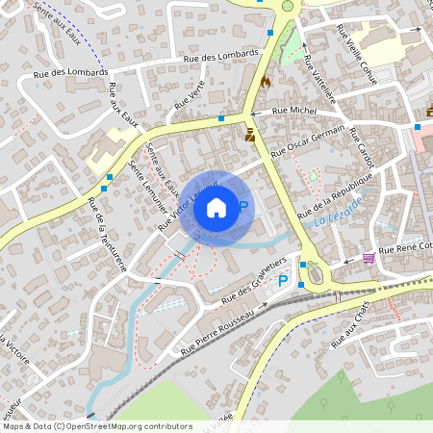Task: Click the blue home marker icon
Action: [x=216, y=207]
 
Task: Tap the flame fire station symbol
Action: [x=265, y=84]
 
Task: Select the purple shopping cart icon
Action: [x=369, y=258]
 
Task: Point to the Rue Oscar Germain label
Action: [x=307, y=144]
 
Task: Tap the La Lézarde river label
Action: [x=338, y=212]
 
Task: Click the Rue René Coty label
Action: [x=404, y=249]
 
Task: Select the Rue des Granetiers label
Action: [x=254, y=278]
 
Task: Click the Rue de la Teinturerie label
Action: [x=107, y=235]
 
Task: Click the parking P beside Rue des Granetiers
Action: [x=283, y=281]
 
